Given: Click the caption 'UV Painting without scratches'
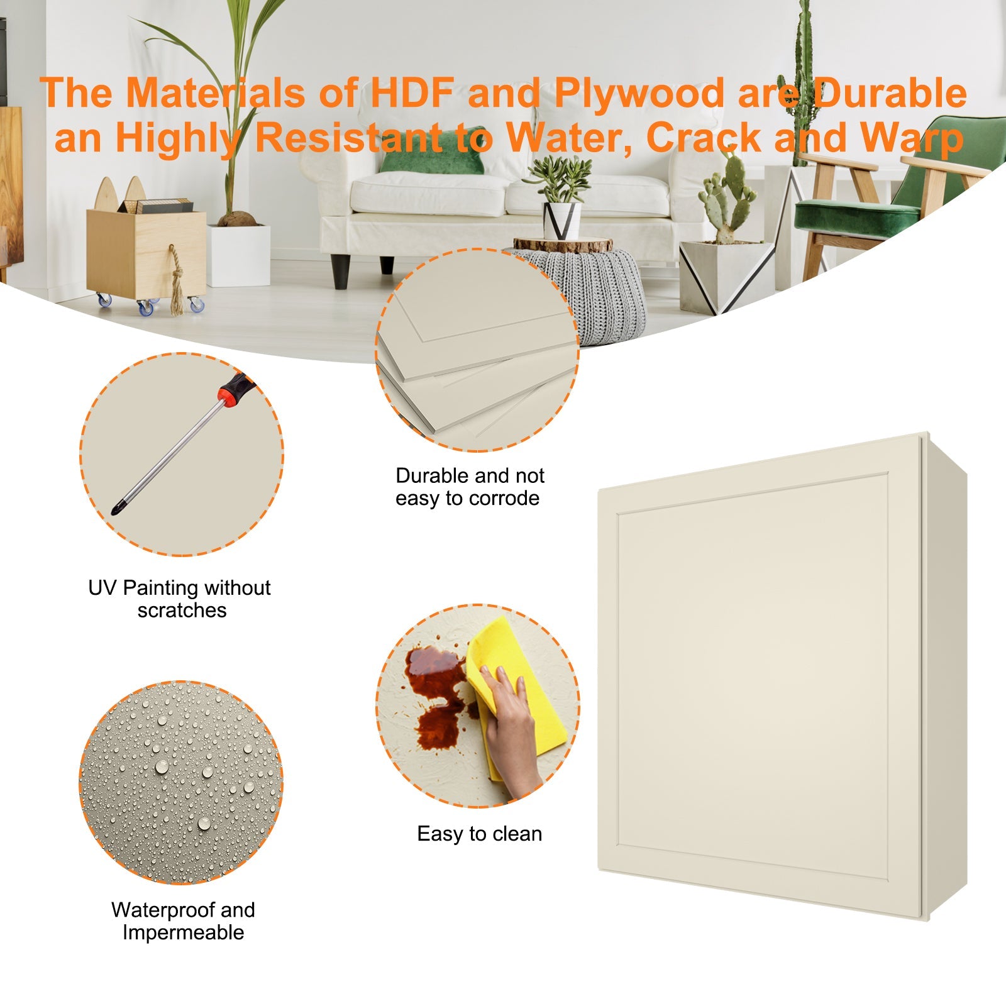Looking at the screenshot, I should point(180,599).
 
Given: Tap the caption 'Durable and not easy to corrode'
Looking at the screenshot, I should point(469,487).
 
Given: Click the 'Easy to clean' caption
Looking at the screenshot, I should point(479,834).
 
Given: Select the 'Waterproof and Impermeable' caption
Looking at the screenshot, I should point(183,920).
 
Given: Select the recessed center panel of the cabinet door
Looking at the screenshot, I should point(752,676).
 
